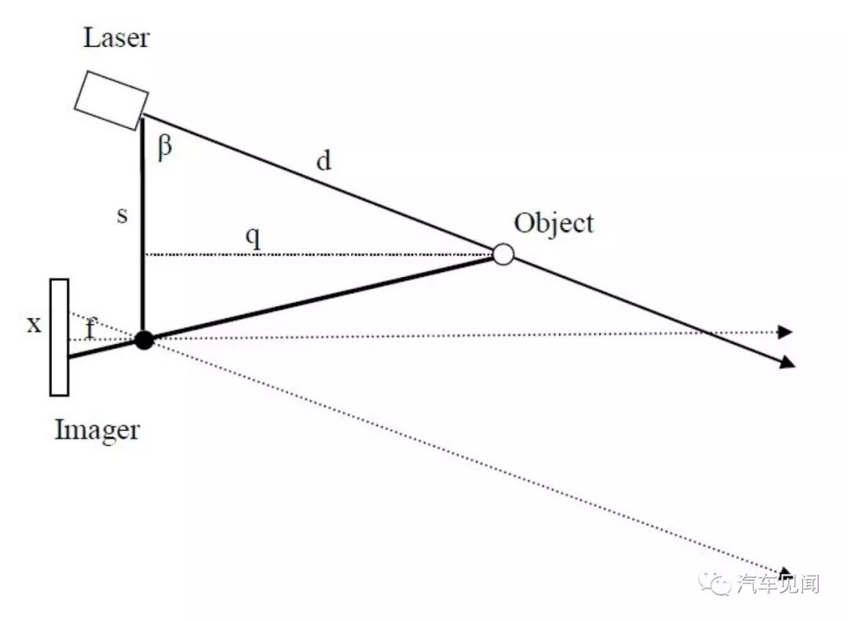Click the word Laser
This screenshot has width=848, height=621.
(x=115, y=38)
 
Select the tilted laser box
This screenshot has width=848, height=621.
(x=111, y=100)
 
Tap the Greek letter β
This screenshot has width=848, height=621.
(x=165, y=147)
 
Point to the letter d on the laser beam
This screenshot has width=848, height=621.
(x=323, y=161)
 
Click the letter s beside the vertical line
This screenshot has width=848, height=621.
(x=122, y=215)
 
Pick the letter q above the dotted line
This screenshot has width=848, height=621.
(x=253, y=237)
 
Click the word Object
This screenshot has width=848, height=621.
(x=554, y=224)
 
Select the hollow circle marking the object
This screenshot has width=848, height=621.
(x=503, y=254)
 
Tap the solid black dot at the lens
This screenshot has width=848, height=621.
(x=144, y=340)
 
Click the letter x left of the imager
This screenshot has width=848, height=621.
(x=34, y=324)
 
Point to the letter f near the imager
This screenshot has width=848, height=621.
(x=91, y=328)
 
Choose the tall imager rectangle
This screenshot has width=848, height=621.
(x=60, y=338)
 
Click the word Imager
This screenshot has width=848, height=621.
(x=97, y=430)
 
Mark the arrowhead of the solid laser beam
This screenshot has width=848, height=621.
(x=788, y=363)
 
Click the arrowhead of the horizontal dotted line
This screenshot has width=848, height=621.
(x=785, y=331)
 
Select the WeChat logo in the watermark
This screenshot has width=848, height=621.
(x=715, y=583)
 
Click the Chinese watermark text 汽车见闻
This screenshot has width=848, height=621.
(x=777, y=584)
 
